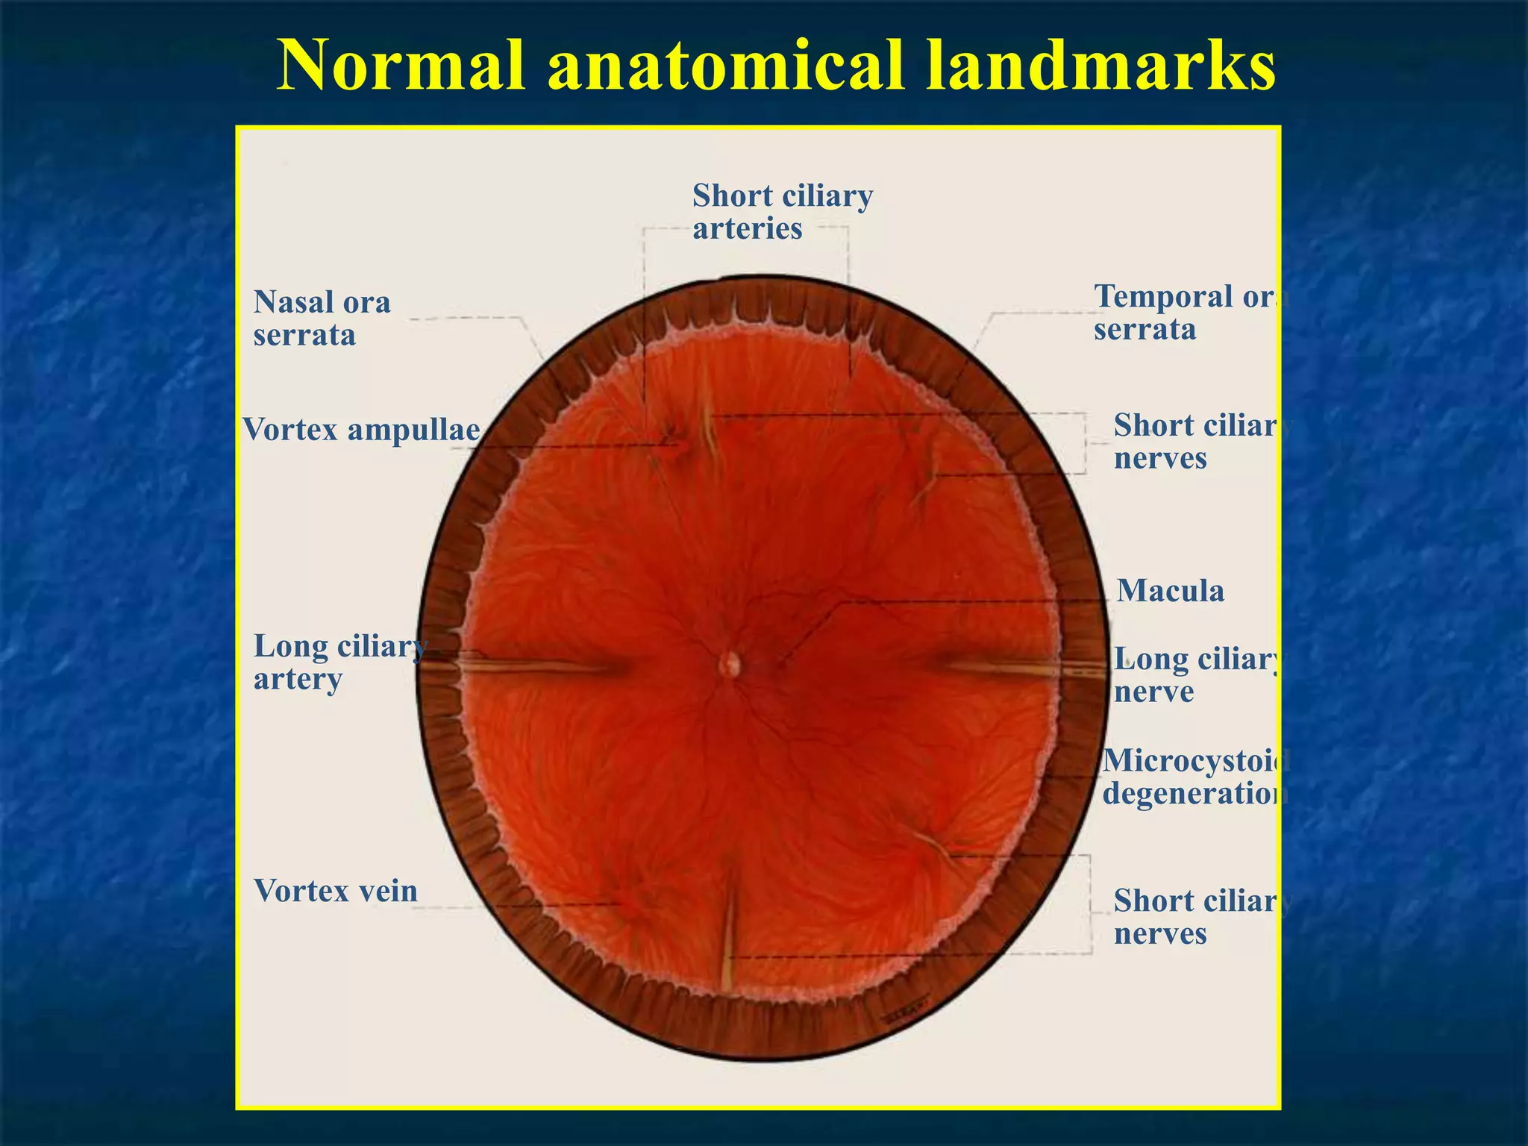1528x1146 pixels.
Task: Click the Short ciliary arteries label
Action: coord(782,212)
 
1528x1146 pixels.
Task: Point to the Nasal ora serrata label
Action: coord(322,319)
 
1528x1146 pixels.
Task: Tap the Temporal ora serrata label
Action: coord(1190,313)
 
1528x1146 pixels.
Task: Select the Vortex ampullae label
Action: coord(362,430)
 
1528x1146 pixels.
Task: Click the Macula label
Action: coord(1170,591)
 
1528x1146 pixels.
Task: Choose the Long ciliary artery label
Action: coord(339,662)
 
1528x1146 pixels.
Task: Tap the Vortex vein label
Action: coord(335,891)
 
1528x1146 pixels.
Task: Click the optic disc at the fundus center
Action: coord(730,663)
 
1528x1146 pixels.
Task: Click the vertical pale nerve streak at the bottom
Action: coord(727,933)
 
